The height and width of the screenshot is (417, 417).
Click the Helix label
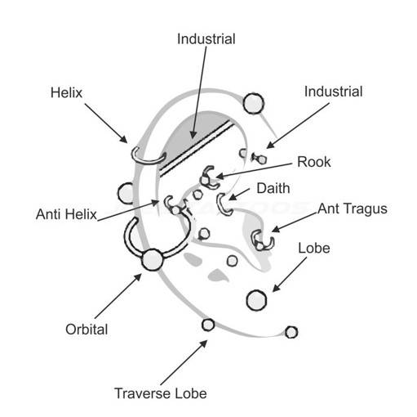click(x=66, y=92)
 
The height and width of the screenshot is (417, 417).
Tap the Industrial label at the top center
click(x=206, y=39)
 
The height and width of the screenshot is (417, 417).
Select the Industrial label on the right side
click(x=333, y=92)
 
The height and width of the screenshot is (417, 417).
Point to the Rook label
click(x=314, y=162)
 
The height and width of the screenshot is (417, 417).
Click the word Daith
click(x=273, y=188)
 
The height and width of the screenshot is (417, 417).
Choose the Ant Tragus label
click(x=353, y=209)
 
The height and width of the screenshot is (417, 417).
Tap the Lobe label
click(x=314, y=248)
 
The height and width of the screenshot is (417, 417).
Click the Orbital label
click(x=87, y=330)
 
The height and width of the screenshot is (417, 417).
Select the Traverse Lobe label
click(x=161, y=393)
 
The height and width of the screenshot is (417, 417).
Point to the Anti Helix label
click(x=66, y=214)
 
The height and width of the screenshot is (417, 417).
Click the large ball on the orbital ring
click(x=153, y=259)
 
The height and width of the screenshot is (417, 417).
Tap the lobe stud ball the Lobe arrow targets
click(x=256, y=300)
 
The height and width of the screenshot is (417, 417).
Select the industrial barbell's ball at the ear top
click(x=254, y=103)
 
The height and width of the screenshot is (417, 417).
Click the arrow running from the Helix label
click(x=106, y=123)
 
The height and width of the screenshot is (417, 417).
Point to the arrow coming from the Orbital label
click(x=118, y=296)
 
